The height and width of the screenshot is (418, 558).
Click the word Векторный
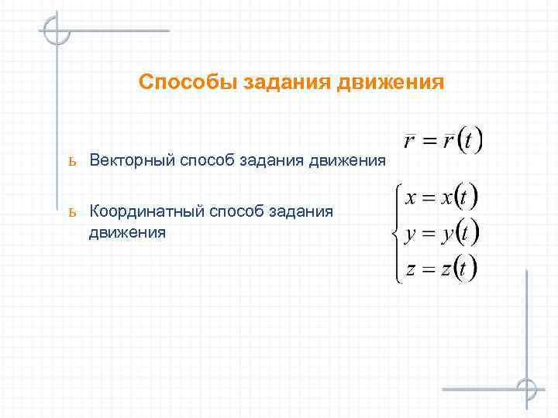pos(133,160)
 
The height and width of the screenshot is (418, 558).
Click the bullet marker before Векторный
pos(71,161)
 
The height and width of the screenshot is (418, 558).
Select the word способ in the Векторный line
pos(208,160)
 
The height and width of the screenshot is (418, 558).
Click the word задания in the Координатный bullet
pos(302,211)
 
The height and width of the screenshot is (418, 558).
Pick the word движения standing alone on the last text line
pos(127,231)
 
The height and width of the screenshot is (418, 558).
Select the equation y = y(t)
pos(439,232)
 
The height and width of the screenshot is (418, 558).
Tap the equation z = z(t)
pos(439,269)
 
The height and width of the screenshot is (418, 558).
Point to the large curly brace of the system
pos(396,232)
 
